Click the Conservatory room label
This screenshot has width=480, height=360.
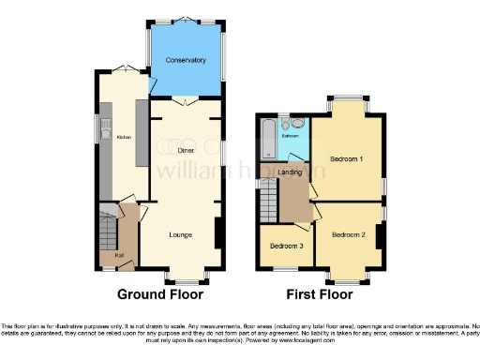[185, 60]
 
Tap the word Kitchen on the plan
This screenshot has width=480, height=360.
[123, 138]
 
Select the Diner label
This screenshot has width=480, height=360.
[186, 150]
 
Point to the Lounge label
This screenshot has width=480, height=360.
[182, 234]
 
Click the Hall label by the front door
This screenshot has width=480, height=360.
[118, 255]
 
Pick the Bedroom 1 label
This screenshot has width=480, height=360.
[347, 158]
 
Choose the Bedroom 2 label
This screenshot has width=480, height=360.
[348, 233]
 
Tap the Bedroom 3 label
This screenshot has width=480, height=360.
[286, 246]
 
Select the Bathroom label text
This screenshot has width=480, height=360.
[292, 137]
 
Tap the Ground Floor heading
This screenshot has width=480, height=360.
[160, 293]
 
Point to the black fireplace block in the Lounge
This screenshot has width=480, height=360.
[217, 233]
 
